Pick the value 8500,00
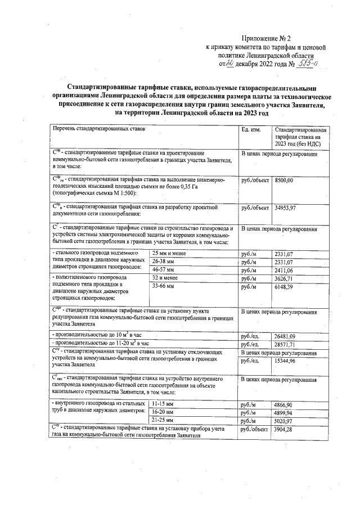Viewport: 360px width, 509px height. pyautogui.click(x=284, y=179)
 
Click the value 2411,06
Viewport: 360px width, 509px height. pyautogui.click(x=284, y=270)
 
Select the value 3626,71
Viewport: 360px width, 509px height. pyautogui.click(x=284, y=278)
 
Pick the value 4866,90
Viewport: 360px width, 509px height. pyautogui.click(x=284, y=404)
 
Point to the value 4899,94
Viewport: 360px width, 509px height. pyautogui.click(x=284, y=412)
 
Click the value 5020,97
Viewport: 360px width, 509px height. pyautogui.click(x=284, y=421)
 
